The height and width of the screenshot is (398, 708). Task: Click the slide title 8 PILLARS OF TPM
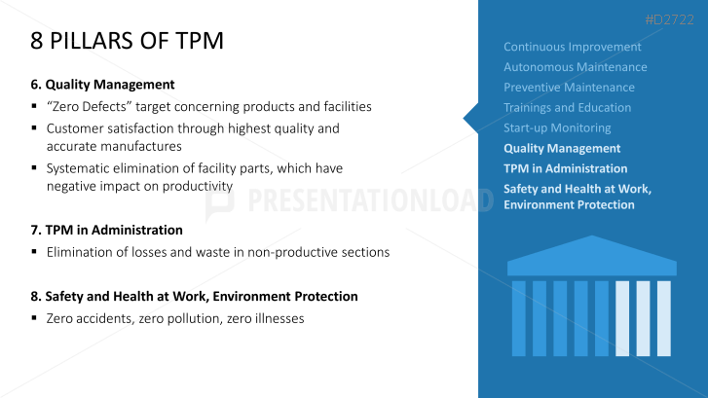[127, 41]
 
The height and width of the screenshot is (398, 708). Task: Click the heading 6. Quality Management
[102, 85]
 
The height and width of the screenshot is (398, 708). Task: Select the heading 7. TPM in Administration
[106, 230]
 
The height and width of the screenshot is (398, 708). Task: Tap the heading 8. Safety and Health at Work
[194, 297]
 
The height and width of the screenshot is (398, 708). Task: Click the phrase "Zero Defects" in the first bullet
[89, 106]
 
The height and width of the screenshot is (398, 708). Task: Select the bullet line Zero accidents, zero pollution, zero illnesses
[175, 318]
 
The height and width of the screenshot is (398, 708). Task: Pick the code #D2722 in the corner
[670, 19]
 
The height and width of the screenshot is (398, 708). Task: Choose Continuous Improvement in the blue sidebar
[572, 47]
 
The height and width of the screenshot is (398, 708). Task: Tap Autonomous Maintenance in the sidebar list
[576, 67]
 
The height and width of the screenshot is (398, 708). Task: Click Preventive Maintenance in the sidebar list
[569, 88]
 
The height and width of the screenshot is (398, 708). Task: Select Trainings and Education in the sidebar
[567, 108]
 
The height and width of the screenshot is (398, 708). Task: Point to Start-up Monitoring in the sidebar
[557, 128]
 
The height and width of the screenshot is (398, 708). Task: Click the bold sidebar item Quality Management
[562, 149]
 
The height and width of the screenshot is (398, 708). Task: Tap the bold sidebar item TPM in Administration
[565, 168]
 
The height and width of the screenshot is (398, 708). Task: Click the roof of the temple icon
[592, 257]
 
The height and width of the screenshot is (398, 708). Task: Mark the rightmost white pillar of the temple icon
[664, 318]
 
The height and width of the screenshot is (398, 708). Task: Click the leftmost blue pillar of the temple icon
[519, 318]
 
